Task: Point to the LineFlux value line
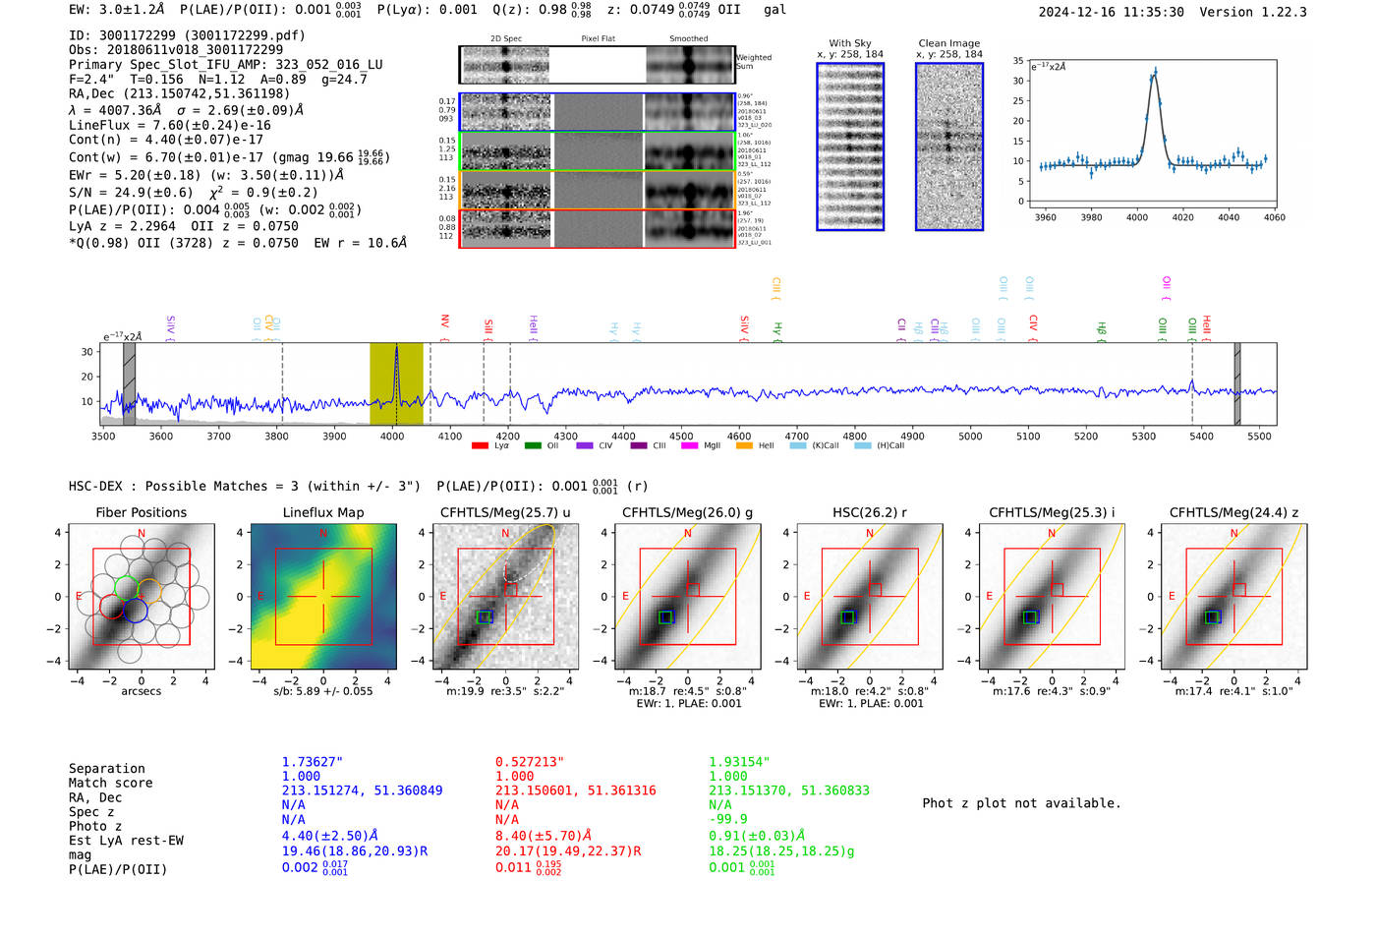[x=169, y=125]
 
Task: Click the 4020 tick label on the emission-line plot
[x=1182, y=217]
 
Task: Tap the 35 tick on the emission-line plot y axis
[x=1018, y=61]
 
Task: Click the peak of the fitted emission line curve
[x=1155, y=72]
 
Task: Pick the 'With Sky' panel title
[x=849, y=43]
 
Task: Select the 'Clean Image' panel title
[x=948, y=43]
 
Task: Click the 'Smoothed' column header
[x=688, y=39]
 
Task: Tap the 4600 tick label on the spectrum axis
[x=739, y=436]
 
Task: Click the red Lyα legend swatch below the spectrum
[x=480, y=446]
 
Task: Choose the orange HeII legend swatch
[x=744, y=446]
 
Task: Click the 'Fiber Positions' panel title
[x=141, y=512]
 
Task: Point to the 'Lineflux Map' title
[x=322, y=512]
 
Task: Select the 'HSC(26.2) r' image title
[x=869, y=512]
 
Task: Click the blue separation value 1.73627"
[x=312, y=762]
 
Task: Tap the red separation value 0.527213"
[x=529, y=762]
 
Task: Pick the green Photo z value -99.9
[x=727, y=819]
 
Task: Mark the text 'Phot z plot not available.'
[x=1021, y=803]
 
